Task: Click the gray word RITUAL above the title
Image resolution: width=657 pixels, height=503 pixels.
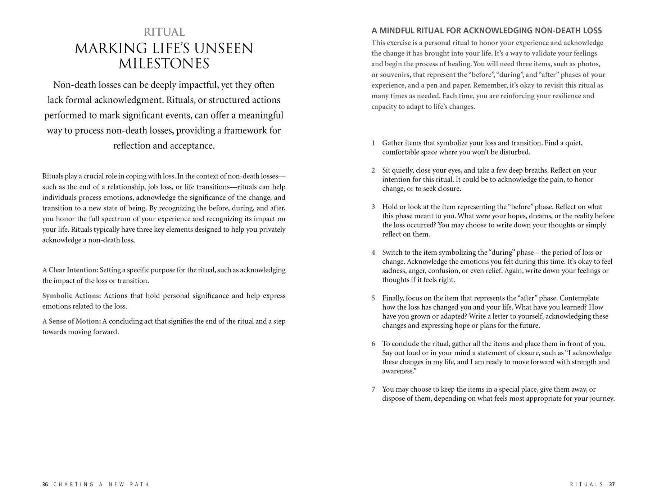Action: pyautogui.click(x=164, y=32)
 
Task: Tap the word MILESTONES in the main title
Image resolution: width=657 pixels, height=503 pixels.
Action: pyautogui.click(x=164, y=64)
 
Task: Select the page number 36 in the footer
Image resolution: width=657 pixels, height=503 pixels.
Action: pyautogui.click(x=45, y=484)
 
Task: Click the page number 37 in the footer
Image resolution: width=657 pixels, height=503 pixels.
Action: pyautogui.click(x=612, y=484)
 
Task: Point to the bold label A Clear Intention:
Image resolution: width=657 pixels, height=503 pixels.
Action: pyautogui.click(x=70, y=270)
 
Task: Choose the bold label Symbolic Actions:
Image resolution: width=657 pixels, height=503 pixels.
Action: pyautogui.click(x=72, y=295)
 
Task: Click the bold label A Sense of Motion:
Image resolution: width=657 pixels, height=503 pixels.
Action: pyautogui.click(x=72, y=321)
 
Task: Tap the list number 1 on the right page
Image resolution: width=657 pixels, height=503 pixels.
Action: pyautogui.click(x=373, y=143)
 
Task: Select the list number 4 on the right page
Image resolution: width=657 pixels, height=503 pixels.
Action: pyautogui.click(x=373, y=253)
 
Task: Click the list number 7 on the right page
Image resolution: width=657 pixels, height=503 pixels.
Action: pyautogui.click(x=373, y=390)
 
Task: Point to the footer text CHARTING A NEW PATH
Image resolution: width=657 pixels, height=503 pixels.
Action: pyautogui.click(x=101, y=484)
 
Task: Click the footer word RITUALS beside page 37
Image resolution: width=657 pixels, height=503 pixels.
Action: pyautogui.click(x=586, y=484)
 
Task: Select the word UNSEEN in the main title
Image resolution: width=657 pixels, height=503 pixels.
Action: pyautogui.click(x=223, y=48)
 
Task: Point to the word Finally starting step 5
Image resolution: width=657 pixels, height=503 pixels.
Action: pyautogui.click(x=393, y=298)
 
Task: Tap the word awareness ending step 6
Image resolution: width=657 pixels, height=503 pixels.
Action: pyautogui.click(x=398, y=371)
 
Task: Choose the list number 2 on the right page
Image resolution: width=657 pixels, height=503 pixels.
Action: pyautogui.click(x=373, y=170)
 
